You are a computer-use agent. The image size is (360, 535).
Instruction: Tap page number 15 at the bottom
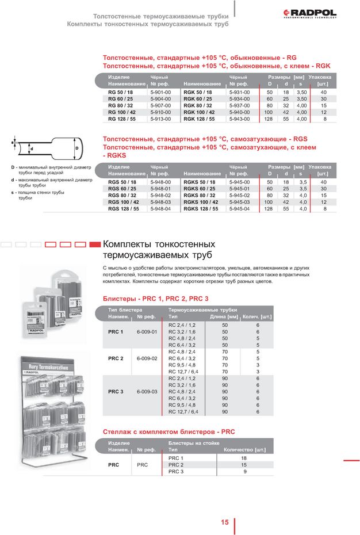(x=224, y=522)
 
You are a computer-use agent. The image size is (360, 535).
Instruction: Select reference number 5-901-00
(x=160, y=92)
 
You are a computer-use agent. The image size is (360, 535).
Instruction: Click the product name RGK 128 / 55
(x=199, y=119)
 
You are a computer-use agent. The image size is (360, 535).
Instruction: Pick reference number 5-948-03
(x=160, y=202)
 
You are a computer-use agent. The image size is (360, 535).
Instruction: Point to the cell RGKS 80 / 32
(x=200, y=196)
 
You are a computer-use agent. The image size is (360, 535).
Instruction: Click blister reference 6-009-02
(x=147, y=358)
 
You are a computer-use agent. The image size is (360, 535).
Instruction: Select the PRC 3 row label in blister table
(x=116, y=391)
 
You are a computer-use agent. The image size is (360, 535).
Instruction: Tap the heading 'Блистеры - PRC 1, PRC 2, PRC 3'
(x=155, y=299)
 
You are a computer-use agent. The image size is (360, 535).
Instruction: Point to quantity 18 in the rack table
(x=244, y=457)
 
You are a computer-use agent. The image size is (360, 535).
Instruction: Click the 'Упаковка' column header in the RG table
(x=319, y=77)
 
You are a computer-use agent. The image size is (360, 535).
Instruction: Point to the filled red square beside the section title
(x=95, y=244)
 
